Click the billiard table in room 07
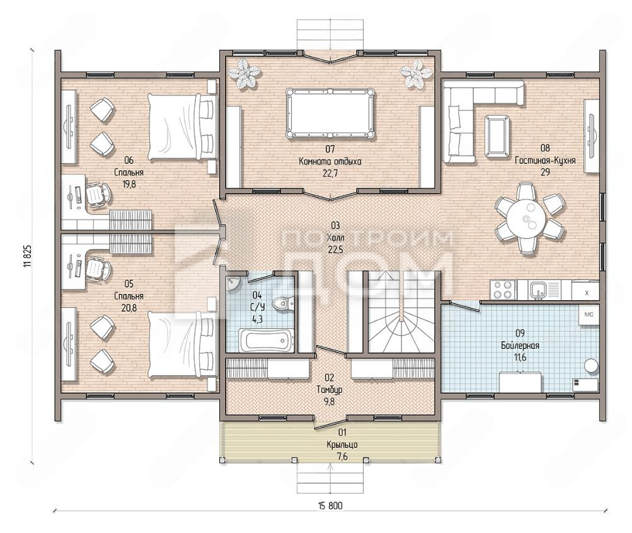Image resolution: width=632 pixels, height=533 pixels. point(330,114)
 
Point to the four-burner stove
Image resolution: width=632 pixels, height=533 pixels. point(503,290)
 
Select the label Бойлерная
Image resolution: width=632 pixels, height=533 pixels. point(520,346)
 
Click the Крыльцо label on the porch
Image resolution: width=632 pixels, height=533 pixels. point(342,445)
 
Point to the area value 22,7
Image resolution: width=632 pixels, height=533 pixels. point(330,173)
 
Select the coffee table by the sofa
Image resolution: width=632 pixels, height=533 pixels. point(497,136)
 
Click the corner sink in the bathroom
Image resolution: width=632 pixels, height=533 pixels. point(233,283)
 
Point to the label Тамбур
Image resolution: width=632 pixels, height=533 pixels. point(330,390)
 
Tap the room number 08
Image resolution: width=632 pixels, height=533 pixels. point(545,148)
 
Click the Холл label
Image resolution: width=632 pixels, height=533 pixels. point(334,238)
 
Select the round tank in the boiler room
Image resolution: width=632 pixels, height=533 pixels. point(592,365)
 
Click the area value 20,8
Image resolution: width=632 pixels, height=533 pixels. point(129,308)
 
